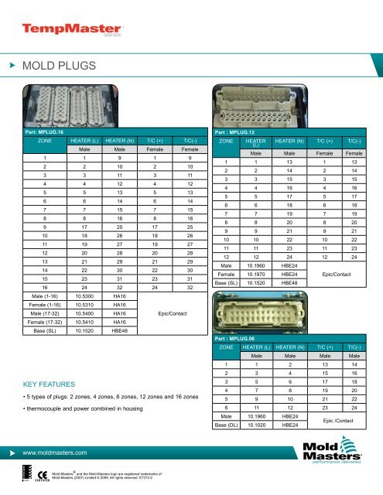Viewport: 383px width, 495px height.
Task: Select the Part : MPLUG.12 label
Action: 238,132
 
